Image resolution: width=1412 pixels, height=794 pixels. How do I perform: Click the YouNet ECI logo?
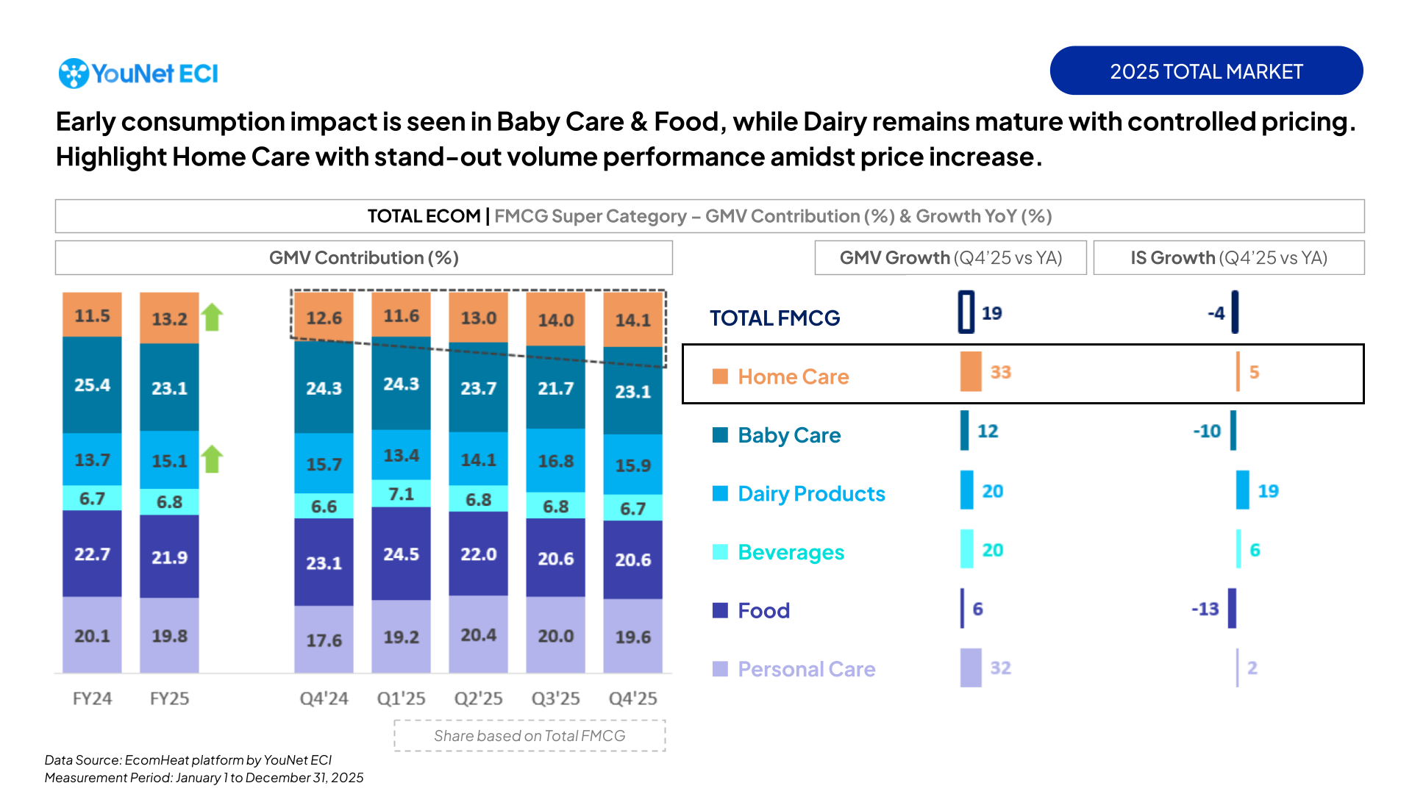[138, 74]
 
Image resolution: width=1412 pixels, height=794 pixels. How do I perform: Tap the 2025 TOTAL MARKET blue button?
[1206, 71]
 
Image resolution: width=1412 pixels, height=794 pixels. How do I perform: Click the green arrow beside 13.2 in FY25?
[213, 317]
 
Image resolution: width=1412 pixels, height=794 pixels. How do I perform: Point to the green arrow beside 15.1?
[213, 459]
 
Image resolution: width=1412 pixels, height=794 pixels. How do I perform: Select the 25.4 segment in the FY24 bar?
[92, 385]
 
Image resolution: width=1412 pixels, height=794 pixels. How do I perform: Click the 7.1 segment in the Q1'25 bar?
[401, 493]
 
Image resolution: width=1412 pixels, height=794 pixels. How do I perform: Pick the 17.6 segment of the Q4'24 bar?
[324, 640]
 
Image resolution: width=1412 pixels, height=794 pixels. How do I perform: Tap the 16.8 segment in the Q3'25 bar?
[555, 461]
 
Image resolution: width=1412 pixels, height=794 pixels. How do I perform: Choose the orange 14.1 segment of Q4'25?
[632, 320]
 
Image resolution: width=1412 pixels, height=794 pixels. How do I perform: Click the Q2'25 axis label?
[478, 698]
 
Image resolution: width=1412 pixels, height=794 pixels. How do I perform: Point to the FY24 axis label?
[92, 698]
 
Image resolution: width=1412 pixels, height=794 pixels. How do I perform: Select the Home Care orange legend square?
[720, 376]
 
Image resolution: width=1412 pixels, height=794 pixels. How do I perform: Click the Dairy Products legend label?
[811, 493]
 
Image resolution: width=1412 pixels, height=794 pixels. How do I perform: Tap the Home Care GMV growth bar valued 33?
[971, 371]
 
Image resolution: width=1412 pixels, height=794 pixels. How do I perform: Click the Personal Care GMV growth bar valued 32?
[971, 668]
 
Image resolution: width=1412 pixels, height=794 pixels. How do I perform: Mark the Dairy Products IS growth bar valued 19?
[1242, 490]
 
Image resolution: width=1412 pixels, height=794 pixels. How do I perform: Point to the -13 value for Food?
[1205, 609]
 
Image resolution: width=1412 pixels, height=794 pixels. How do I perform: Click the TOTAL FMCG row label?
[774, 318]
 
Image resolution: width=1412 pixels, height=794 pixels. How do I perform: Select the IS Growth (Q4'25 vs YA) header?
[1228, 258]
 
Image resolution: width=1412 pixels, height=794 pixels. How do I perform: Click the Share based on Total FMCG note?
[529, 736]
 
